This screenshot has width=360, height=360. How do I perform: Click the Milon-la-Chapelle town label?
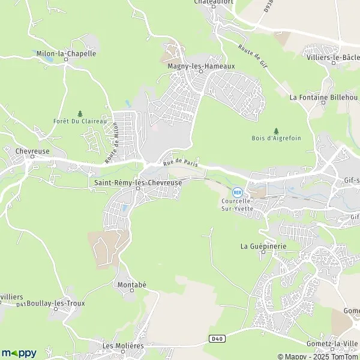click(66, 53)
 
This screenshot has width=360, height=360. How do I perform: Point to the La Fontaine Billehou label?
click(323, 97)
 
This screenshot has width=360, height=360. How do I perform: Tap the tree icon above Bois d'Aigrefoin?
click(276, 130)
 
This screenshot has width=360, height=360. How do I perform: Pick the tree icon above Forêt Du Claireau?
click(80, 112)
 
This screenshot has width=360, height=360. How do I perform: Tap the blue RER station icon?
click(238, 193)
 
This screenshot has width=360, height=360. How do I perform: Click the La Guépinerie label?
click(263, 246)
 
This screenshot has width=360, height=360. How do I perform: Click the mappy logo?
click(19, 353)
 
